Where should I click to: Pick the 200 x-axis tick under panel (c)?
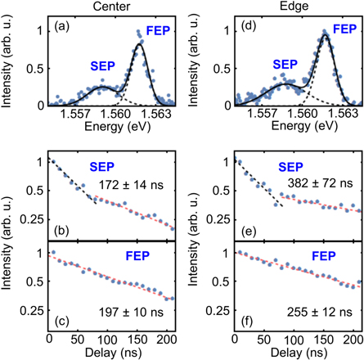[x=164, y=339]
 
